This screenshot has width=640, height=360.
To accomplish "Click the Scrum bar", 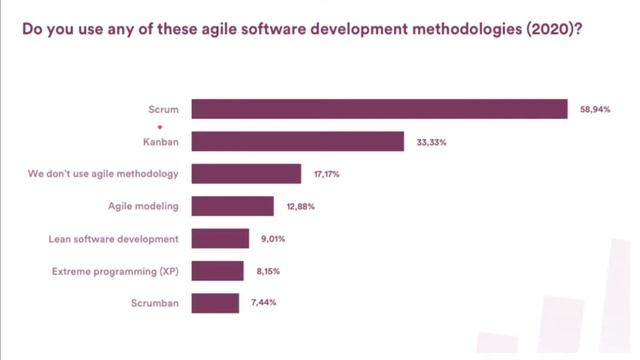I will click(x=380, y=109).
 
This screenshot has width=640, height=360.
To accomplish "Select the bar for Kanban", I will click(x=297, y=142).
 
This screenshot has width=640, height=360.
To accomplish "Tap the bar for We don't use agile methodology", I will click(x=246, y=174).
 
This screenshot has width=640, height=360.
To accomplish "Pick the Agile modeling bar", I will click(x=232, y=206).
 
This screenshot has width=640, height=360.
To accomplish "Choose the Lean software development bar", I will click(x=220, y=239).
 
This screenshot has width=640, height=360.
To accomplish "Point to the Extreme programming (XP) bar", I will click(x=217, y=271).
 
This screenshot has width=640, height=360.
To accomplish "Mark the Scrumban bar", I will click(x=215, y=303).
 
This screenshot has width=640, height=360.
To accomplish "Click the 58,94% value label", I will click(x=596, y=109).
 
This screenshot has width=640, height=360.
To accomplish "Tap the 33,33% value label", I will click(x=431, y=142).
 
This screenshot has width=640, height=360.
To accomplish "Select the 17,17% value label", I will click(x=327, y=174).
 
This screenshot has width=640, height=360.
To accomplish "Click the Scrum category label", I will click(x=162, y=109).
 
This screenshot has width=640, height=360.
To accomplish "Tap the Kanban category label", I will click(x=160, y=142).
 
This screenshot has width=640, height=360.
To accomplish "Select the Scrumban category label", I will click(x=155, y=303).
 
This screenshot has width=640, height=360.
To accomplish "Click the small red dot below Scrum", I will click(x=160, y=127).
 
